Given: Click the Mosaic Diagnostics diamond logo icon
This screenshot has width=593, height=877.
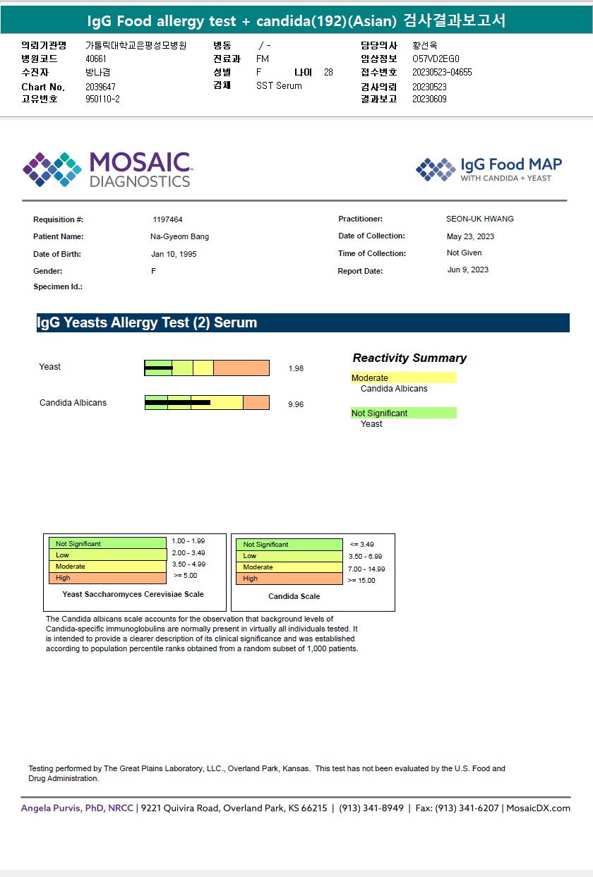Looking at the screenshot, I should (x=52, y=169).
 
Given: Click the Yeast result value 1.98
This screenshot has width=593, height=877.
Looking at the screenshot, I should (x=296, y=368).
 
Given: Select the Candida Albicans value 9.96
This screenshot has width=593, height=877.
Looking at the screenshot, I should (x=296, y=404).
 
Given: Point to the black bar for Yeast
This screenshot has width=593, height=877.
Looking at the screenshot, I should (x=159, y=368).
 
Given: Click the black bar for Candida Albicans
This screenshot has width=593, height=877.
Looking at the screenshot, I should (x=178, y=402).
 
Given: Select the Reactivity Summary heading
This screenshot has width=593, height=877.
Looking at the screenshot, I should (x=409, y=358).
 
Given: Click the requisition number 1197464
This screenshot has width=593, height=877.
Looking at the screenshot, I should (x=167, y=219).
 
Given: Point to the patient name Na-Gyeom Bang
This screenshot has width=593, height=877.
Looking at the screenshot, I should (x=174, y=236).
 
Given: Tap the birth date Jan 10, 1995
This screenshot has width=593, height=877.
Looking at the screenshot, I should (x=174, y=254).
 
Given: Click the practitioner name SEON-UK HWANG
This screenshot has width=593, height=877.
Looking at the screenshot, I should (x=480, y=219).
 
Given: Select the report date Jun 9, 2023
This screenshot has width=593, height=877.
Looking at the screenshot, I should (x=468, y=270).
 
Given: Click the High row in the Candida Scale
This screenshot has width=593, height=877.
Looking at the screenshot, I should (x=289, y=579).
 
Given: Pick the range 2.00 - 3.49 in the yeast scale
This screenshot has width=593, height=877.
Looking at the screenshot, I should (x=188, y=552).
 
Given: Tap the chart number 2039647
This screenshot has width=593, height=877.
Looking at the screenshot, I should (x=100, y=87).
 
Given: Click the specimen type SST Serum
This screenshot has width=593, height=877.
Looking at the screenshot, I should (x=279, y=85).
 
